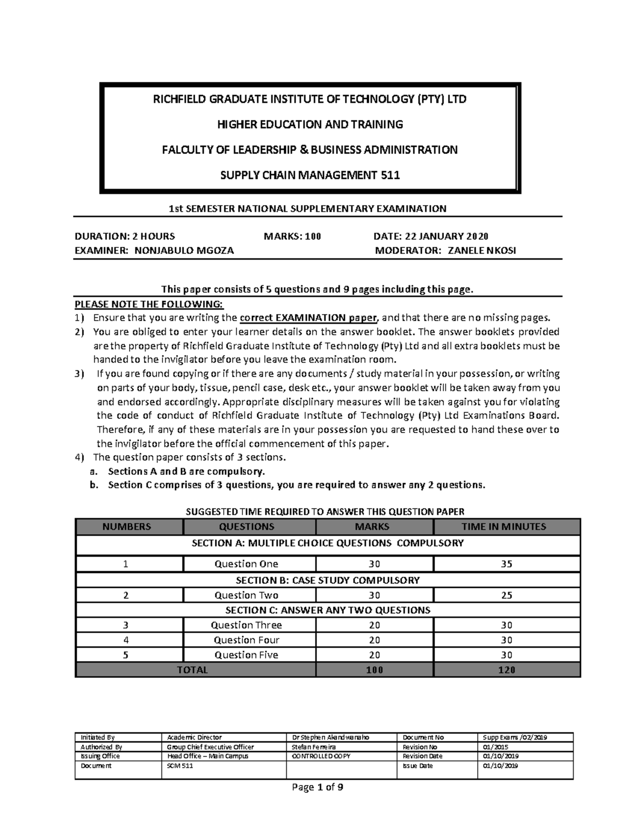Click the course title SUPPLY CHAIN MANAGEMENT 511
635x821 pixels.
310,175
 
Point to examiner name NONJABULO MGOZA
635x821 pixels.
184,251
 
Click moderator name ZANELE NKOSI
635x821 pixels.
482,251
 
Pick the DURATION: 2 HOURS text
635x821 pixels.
125,236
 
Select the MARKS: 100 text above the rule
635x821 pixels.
292,236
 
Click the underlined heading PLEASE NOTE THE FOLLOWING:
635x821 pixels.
149,304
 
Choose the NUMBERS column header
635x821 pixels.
126,527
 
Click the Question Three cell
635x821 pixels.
246,625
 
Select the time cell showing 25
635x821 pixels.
506,595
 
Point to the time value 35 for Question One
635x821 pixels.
506,564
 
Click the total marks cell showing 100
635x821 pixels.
374,670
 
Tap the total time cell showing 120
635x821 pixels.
506,670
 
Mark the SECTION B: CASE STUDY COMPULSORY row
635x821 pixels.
328,580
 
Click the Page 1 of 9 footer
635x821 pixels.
317,788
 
